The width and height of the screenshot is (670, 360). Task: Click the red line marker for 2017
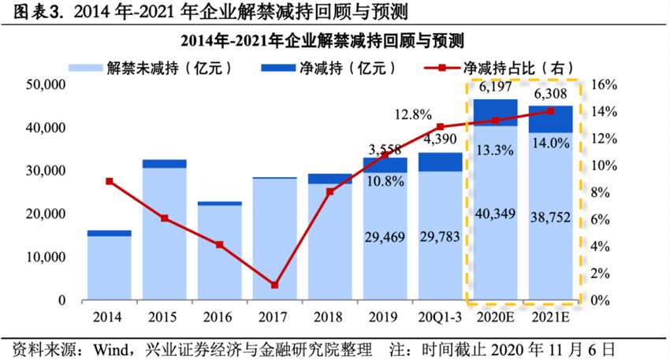pos(274,284)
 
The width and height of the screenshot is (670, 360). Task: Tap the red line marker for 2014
pos(110,181)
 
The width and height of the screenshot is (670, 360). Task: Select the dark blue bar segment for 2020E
pos(495,112)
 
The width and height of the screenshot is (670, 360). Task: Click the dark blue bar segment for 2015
pos(165,163)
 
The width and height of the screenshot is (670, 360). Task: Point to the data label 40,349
pos(495,214)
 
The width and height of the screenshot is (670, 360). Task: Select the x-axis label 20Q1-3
pos(440,318)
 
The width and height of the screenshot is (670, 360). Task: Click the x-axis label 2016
pos(219,318)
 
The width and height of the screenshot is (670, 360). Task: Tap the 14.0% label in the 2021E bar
pos(550,143)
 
